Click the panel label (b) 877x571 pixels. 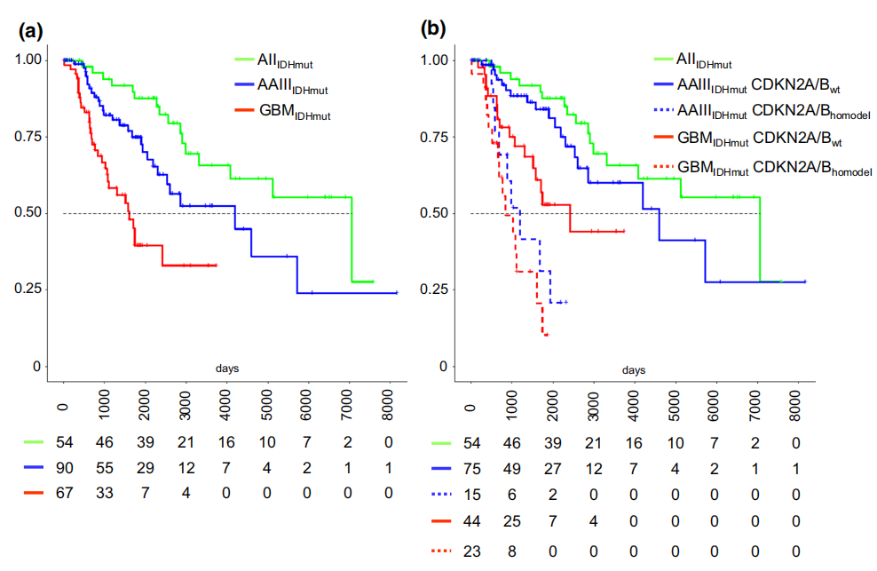coord(433,28)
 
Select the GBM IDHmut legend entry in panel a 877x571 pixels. coord(283,111)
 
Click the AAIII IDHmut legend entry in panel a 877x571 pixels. coord(281,86)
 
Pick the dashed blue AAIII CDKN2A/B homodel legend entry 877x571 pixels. coord(762,111)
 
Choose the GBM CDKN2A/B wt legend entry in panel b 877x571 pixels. coord(747,139)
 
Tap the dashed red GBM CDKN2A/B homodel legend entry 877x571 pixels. coord(762,167)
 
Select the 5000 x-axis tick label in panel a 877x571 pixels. coord(267,405)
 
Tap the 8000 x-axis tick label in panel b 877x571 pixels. coord(795,406)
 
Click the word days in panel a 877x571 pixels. coord(227,369)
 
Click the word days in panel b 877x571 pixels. coord(634,370)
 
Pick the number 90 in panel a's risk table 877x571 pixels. coord(64,468)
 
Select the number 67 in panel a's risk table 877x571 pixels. coord(64,493)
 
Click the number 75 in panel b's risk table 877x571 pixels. coord(471,469)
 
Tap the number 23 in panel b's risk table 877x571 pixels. coord(471,551)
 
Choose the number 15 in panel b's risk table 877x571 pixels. coord(471,495)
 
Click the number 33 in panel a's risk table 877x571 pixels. coord(105,493)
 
